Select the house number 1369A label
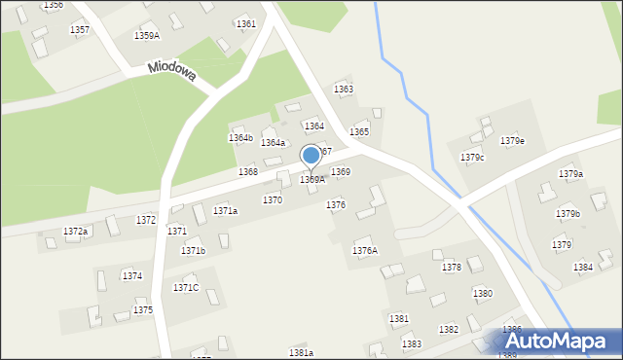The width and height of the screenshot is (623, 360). pyautogui.click(x=311, y=179)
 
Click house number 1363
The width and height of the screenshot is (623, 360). pyautogui.click(x=344, y=90)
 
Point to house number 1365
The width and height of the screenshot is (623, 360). pyautogui.click(x=359, y=131)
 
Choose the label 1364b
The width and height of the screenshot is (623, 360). pyautogui.click(x=240, y=138)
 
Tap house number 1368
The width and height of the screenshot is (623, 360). pyautogui.click(x=248, y=171)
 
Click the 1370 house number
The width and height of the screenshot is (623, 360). pyautogui.click(x=273, y=199)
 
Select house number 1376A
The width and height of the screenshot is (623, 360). pyautogui.click(x=364, y=251)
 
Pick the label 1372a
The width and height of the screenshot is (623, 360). pyautogui.click(x=75, y=232)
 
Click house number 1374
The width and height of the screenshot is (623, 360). pyautogui.click(x=132, y=276)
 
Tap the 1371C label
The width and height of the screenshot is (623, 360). pyautogui.click(x=186, y=287)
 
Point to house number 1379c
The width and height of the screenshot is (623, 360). pyautogui.click(x=473, y=157)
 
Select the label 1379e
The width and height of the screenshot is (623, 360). pyautogui.click(x=513, y=141)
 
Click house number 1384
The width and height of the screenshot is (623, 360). pyautogui.click(x=583, y=267)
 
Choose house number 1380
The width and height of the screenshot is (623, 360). pyautogui.click(x=482, y=293)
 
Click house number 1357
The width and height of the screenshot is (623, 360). pyautogui.click(x=80, y=30)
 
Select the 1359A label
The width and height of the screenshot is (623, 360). pyautogui.click(x=146, y=35)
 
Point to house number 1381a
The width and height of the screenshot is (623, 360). pyautogui.click(x=301, y=352)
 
